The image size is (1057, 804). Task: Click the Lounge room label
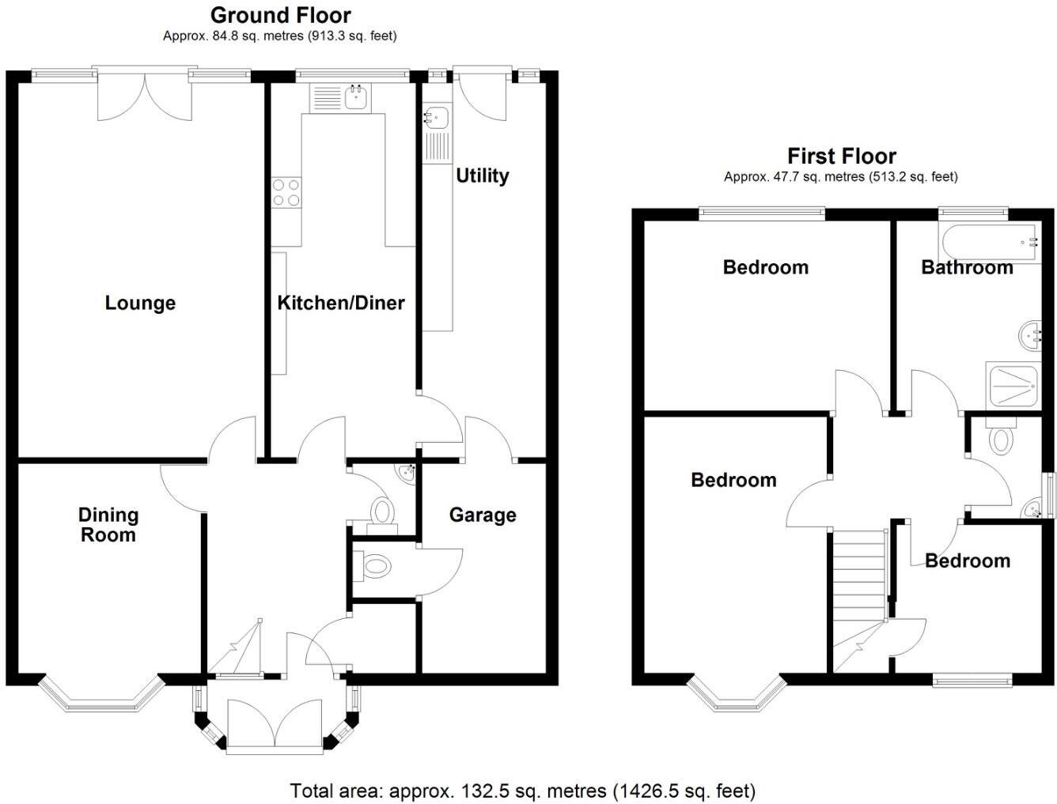[140, 303]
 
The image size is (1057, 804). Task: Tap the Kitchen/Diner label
[340, 303]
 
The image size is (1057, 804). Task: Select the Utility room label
[482, 176]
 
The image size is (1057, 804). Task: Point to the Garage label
[483, 515]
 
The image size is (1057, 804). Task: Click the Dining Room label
[108, 525]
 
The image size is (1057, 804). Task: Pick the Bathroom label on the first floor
[967, 267]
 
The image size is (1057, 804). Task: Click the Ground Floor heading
[280, 15]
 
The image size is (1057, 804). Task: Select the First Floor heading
[841, 156]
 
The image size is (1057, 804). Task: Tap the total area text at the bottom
[522, 791]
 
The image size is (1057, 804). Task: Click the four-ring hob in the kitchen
[286, 192]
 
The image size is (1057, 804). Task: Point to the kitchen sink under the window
[355, 98]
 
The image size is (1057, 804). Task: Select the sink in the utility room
[436, 119]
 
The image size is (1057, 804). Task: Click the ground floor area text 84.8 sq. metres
[279, 36]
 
